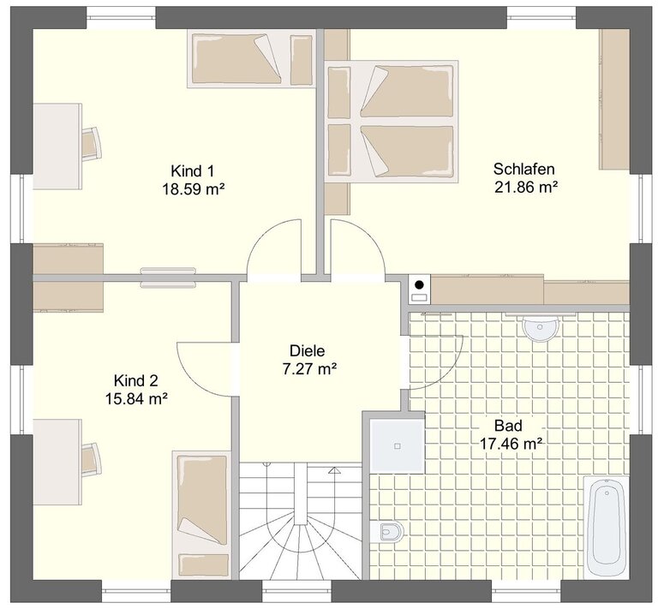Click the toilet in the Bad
click(386, 532)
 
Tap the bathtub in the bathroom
click(607, 527)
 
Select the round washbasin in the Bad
click(541, 328)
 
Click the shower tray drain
click(397, 446)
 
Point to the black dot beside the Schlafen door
click(419, 284)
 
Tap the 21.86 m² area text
click(526, 187)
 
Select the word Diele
click(308, 350)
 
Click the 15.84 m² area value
click(136, 398)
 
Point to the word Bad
click(508, 426)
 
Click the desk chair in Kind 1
click(92, 143)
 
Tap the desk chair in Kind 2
click(92, 460)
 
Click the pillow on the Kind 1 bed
click(302, 61)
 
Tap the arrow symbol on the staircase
click(334, 469)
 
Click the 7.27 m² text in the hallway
click(309, 369)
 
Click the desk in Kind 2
click(57, 462)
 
